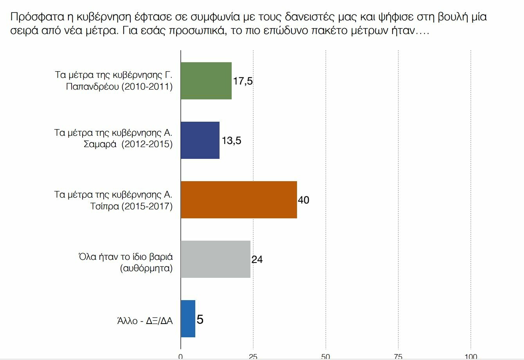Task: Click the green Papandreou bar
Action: pyautogui.click(x=206, y=81)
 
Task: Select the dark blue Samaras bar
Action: pyautogui.click(x=200, y=140)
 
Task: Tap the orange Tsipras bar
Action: pyautogui.click(x=239, y=200)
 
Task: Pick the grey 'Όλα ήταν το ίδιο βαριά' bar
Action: pyautogui.click(x=215, y=259)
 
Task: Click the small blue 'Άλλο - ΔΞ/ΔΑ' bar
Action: pyautogui.click(x=188, y=319)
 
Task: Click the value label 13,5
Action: pyautogui.click(x=231, y=140)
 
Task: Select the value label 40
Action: pyautogui.click(x=304, y=200)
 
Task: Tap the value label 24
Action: pyautogui.click(x=257, y=259)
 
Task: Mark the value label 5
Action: pyautogui.click(x=200, y=320)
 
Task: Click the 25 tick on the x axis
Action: pyautogui.click(x=253, y=356)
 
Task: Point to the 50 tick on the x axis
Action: pyautogui.click(x=326, y=356)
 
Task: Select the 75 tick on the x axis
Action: pyautogui.click(x=398, y=356)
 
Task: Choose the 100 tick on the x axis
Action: pyautogui.click(x=471, y=356)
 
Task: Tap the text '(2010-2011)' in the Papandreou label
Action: pyautogui.click(x=147, y=86)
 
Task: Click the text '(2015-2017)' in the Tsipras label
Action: pyautogui.click(x=147, y=206)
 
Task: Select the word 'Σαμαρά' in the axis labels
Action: pyautogui.click(x=100, y=144)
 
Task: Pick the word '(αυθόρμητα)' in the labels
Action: pyautogui.click(x=146, y=269)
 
